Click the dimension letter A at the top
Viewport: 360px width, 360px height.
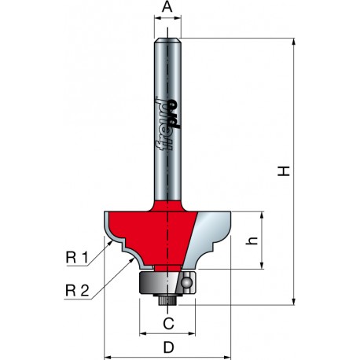pyautogui.click(x=167, y=7)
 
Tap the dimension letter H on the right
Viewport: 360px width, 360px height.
pyautogui.click(x=284, y=171)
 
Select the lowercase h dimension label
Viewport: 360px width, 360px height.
pyautogui.click(x=252, y=241)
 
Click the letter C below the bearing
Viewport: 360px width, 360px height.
pyautogui.click(x=168, y=324)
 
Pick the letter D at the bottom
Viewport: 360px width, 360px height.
pyautogui.click(x=169, y=348)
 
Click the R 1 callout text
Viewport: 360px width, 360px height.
pyautogui.click(x=77, y=258)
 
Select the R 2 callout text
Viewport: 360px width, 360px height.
pyautogui.click(x=77, y=291)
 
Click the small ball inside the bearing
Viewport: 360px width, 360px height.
pyautogui.click(x=187, y=282)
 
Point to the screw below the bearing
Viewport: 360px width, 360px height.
pyautogui.click(x=167, y=299)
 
